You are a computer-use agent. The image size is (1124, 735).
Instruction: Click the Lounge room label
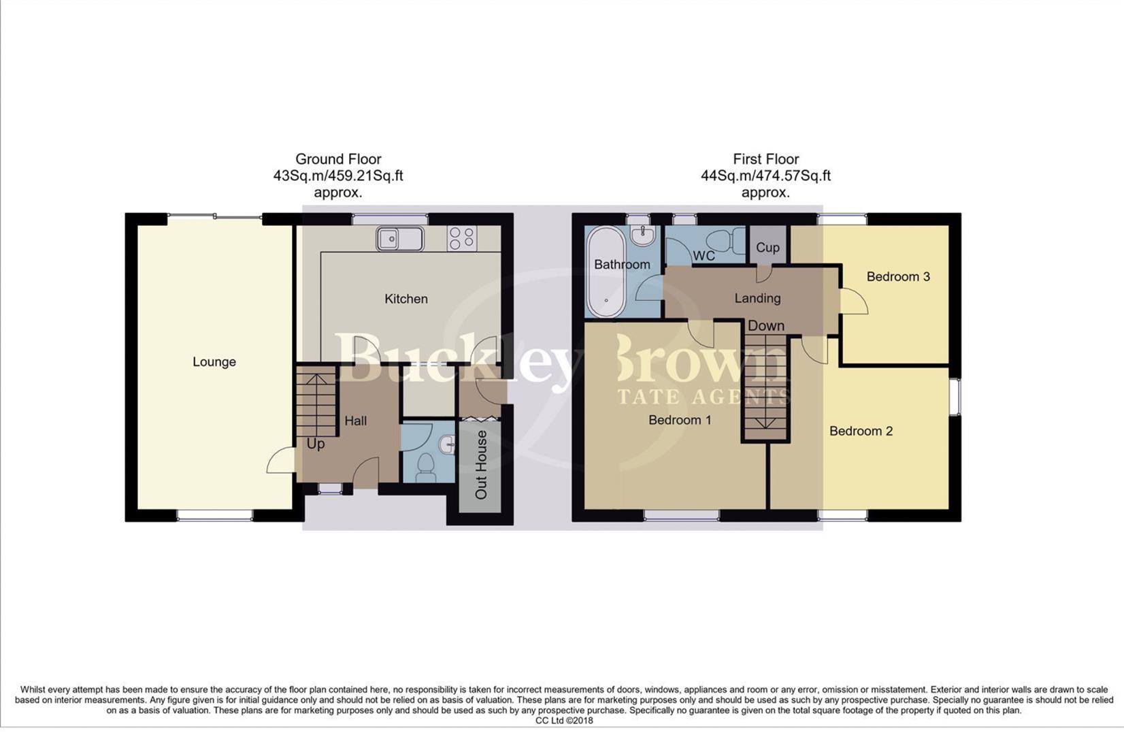214,362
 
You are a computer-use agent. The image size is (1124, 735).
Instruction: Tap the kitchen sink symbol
399,239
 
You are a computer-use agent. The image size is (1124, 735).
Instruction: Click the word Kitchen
406,299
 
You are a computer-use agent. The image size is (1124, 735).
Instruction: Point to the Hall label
355,421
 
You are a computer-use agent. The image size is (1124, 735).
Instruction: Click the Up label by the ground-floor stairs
315,444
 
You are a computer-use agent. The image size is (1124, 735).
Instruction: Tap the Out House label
481,465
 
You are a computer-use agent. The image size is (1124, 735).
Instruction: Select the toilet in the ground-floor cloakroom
426,466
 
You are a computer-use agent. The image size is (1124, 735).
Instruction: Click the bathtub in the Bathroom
604,272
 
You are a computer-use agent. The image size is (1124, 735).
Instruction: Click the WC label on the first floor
704,256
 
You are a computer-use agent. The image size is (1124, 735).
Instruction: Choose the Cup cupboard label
767,248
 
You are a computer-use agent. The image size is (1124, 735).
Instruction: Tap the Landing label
757,298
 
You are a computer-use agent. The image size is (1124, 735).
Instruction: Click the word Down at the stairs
766,326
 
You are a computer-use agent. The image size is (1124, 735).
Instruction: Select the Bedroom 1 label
680,420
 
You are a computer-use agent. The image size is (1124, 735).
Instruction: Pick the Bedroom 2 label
861,431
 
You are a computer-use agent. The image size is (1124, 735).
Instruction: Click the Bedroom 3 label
897,276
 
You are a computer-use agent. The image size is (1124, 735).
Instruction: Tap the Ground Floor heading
338,159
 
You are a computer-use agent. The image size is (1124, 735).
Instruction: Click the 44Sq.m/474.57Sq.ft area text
765,176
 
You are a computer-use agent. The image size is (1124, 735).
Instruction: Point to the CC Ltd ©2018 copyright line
564,721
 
